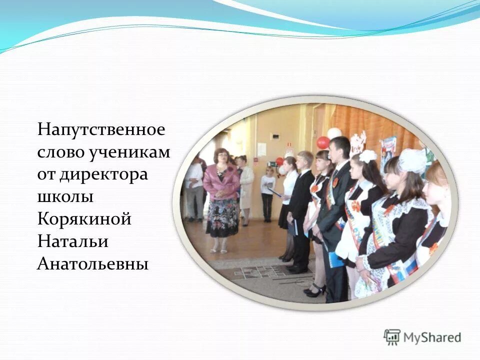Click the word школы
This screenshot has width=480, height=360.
65,197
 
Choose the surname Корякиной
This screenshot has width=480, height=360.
84,219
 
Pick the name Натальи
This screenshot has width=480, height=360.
73,241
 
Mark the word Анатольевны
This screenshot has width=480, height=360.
93,263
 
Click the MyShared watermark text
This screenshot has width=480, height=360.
432,337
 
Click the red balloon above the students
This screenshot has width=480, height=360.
323,142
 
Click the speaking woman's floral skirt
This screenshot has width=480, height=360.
222,218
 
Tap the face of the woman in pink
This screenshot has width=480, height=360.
220,156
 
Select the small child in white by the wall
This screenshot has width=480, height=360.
268,192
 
